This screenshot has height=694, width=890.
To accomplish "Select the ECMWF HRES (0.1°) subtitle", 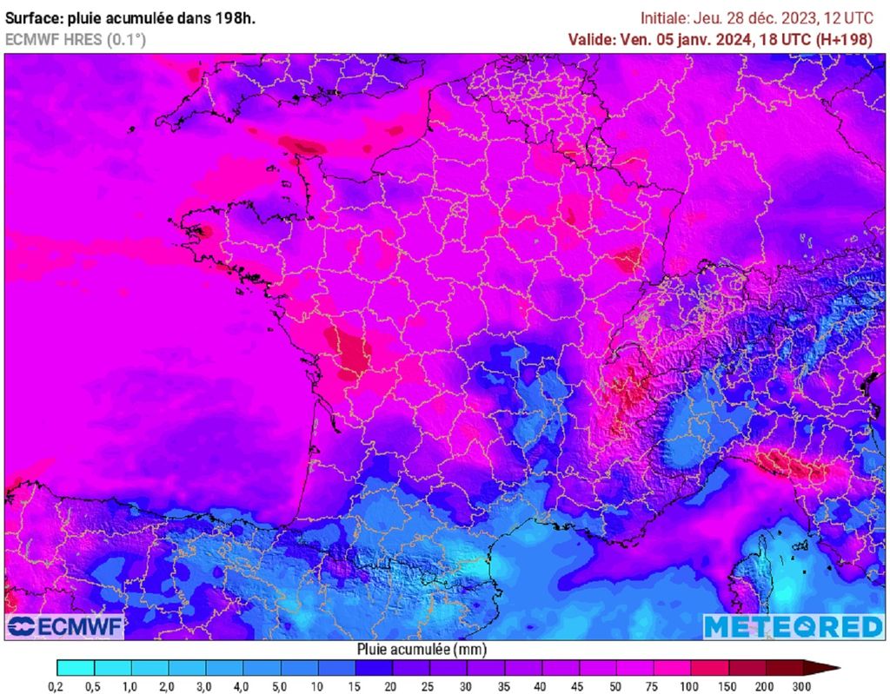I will pos(76,39).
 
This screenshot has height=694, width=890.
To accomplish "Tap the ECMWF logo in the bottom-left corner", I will pos(65,626).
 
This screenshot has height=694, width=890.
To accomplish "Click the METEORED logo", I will pos(793,626).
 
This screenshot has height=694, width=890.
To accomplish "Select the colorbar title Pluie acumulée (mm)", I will pos(422,649).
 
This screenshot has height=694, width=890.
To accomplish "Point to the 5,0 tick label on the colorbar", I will pos(280,686).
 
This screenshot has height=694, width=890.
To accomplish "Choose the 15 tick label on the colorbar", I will pos(355,686).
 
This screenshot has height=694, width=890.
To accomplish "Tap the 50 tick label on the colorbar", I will pos(616,686).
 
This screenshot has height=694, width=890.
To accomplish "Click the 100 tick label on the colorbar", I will pos(691,686).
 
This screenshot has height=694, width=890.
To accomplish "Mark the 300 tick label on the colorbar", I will pos(802,686).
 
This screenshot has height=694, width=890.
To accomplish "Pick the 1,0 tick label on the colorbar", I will pos(130,686).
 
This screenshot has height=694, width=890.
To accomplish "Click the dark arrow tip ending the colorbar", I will pos(830,668).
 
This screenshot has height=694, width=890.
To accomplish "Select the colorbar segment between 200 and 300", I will pos(784,668).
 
